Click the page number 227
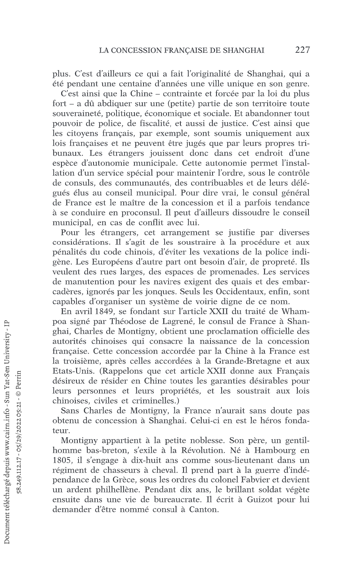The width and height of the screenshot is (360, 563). [302, 50]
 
